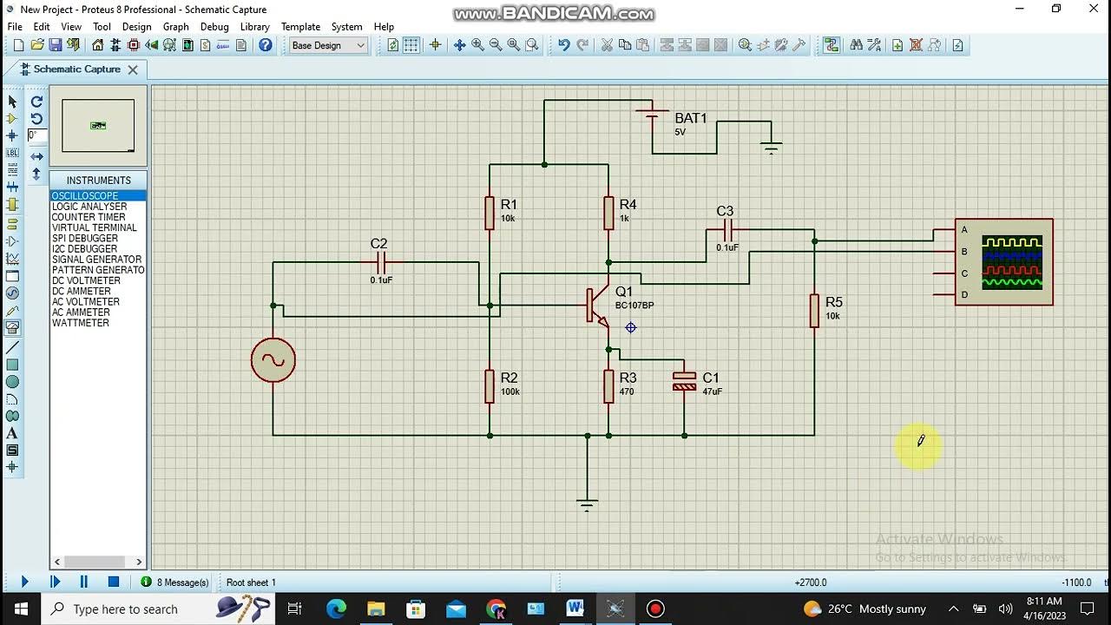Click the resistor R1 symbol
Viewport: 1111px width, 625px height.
coord(490,213)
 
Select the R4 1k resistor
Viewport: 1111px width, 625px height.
coord(608,213)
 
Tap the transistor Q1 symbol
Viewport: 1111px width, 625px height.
coord(597,306)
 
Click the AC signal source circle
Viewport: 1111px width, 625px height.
coord(273,360)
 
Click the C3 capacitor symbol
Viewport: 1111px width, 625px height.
coord(727,230)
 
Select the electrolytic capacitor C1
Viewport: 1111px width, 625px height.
coord(684,381)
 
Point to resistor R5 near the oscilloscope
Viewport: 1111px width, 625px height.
coord(814,311)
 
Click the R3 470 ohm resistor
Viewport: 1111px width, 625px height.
coord(608,386)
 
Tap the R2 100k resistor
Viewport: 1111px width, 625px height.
coord(490,386)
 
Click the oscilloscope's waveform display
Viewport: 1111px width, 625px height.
coord(1011,261)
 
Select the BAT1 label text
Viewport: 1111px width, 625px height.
coord(691,118)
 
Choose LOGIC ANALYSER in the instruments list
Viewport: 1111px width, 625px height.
coord(89,207)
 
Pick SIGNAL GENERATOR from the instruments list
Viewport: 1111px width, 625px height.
coord(96,260)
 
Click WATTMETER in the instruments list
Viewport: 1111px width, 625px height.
coord(80,323)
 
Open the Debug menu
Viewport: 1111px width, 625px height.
coord(214,27)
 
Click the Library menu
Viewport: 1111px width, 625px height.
coord(254,27)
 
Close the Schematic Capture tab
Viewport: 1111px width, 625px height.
coord(133,69)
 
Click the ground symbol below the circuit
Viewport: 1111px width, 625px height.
coord(588,503)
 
